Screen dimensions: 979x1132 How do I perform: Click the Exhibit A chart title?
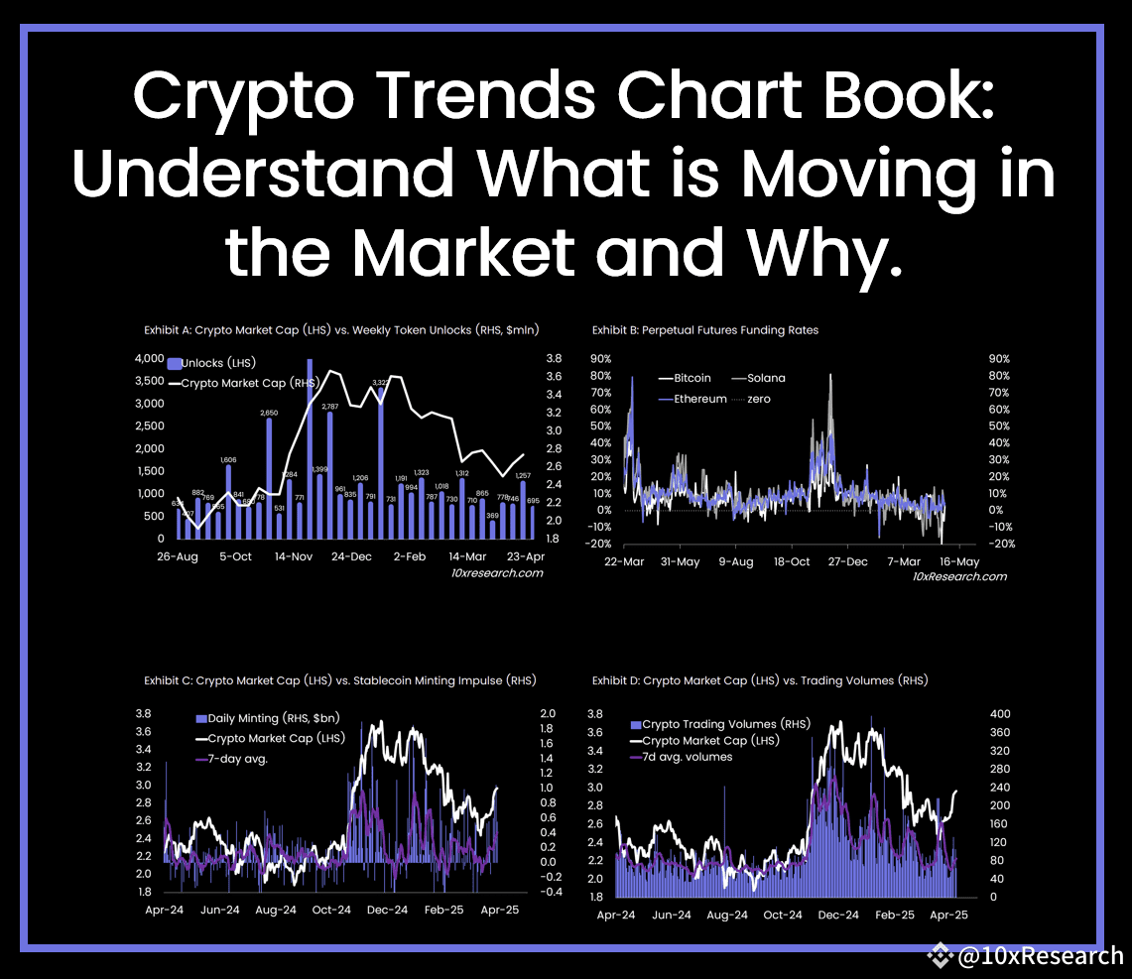[x=345, y=329]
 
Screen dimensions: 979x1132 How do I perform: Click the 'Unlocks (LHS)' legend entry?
[x=215, y=364]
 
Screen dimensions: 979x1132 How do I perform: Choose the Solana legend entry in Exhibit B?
[x=765, y=378]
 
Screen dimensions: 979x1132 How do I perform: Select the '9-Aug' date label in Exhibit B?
[x=735, y=562]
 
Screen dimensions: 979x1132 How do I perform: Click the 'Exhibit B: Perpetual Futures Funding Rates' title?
[x=705, y=329]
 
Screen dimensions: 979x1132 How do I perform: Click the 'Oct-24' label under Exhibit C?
[x=331, y=910]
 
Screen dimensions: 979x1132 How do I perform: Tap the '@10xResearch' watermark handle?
[x=1040, y=956]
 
